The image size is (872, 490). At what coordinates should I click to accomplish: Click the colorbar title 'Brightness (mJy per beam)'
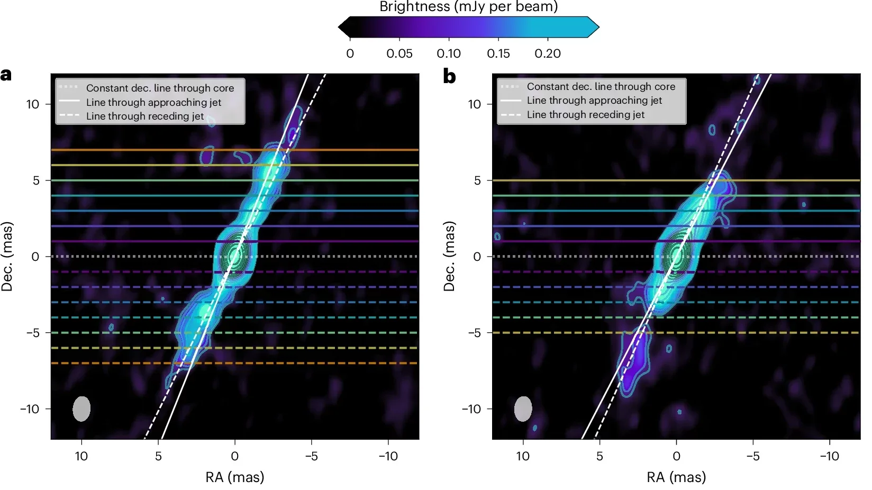(x=468, y=7)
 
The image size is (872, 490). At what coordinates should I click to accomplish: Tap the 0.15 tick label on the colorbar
(x=498, y=53)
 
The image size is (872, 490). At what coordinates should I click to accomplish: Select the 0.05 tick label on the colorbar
(x=399, y=53)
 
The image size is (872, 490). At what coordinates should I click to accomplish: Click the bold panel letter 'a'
(x=6, y=75)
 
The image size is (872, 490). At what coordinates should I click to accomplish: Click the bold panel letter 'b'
(x=449, y=77)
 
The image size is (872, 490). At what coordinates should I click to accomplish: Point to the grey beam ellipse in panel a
(x=81, y=409)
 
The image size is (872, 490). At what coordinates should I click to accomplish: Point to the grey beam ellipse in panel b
(x=523, y=409)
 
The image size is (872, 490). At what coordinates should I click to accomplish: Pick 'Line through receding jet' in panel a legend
(x=144, y=116)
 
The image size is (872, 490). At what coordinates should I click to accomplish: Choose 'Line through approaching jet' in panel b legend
(x=594, y=101)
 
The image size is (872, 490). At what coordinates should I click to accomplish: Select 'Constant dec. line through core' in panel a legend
(x=160, y=88)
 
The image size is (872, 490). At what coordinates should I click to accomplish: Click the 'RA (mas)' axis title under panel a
(x=234, y=477)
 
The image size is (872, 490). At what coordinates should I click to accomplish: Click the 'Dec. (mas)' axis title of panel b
(x=449, y=256)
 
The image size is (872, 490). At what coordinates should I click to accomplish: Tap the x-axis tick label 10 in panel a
(x=81, y=456)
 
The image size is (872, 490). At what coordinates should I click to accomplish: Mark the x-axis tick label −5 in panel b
(x=752, y=456)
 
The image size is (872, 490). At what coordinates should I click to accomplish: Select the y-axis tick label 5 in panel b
(x=477, y=180)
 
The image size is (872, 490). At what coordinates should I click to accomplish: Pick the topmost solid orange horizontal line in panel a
(x=132, y=150)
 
